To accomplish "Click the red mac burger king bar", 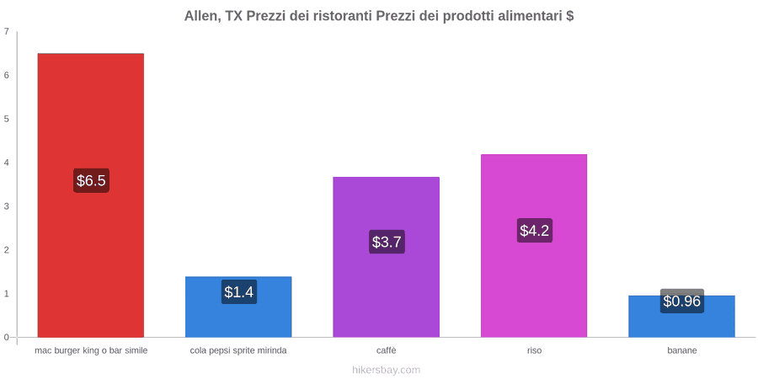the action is pos(91,195).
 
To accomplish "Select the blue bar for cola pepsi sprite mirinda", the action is pos(238,307).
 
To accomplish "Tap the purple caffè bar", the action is pos(387,257).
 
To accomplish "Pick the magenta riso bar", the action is pos(534,246).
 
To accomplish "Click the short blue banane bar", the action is pos(681,316).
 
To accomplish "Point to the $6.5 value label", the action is pos(91,181).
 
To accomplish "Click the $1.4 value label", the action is pos(239,292).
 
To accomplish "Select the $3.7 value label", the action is pos(387,242).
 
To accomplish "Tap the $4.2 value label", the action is pos(534,231).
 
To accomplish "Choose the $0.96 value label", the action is pos(681,302).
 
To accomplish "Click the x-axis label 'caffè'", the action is pos(387,350).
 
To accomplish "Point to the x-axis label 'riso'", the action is pos(534,350).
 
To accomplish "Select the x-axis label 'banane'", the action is pos(682,350).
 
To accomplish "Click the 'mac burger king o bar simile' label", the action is pos(91,350).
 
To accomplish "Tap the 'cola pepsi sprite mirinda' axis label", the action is pos(238,350).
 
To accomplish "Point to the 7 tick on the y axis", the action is pos(6,31).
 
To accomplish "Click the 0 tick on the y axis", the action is pos(6,337).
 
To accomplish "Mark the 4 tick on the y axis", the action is pos(6,163).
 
